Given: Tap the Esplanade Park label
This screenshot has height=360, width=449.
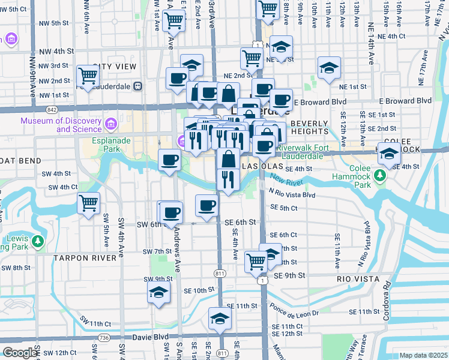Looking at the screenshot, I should (x=95, y=148).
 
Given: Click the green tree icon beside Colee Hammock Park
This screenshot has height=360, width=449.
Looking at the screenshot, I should (x=379, y=175).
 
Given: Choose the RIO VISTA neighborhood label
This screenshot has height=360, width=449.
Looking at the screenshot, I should (x=358, y=279).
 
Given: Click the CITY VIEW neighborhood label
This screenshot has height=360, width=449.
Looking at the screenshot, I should (x=113, y=66).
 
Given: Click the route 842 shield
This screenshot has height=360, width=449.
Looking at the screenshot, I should (x=52, y=109).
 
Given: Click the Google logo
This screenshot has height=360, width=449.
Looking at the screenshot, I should (x=20, y=352).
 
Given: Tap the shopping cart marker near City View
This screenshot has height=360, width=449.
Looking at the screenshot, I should (x=88, y=76).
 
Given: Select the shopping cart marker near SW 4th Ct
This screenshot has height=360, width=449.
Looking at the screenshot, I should (x=88, y=203).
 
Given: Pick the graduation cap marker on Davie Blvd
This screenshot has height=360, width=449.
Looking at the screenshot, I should (x=220, y=318).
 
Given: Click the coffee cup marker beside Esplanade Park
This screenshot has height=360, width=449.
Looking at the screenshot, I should (x=169, y=160).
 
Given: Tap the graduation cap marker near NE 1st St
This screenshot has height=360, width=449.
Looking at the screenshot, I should (x=328, y=68).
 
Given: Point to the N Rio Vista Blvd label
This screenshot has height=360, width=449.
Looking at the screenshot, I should (x=292, y=194).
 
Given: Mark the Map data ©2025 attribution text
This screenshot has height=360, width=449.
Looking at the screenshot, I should (x=423, y=355).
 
